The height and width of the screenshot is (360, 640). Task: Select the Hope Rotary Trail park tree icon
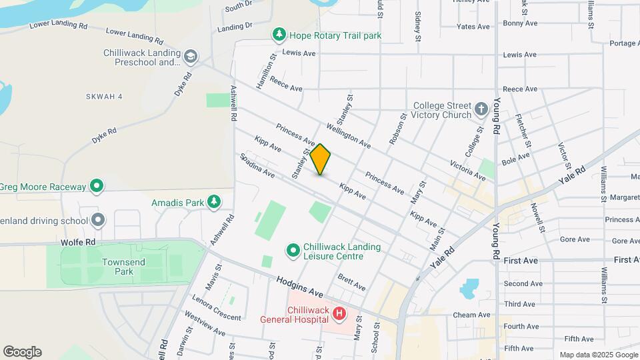[x=279, y=35]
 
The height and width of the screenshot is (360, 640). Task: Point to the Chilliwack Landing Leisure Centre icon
[x=293, y=250]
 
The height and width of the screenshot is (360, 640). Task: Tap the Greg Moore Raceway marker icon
[x=97, y=186]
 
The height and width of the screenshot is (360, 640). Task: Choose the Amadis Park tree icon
[x=213, y=201]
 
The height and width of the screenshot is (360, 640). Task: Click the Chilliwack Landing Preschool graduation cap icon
[x=191, y=56]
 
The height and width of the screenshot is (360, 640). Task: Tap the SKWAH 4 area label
[x=104, y=97]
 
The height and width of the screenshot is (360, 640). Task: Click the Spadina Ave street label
[x=257, y=167]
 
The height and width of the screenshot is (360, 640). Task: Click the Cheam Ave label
[x=471, y=315]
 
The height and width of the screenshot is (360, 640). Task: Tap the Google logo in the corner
[x=22, y=352]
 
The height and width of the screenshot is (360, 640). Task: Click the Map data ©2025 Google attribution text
[x=598, y=355]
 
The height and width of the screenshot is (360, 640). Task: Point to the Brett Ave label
[x=351, y=282]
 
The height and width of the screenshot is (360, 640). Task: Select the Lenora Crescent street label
[x=216, y=307]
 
